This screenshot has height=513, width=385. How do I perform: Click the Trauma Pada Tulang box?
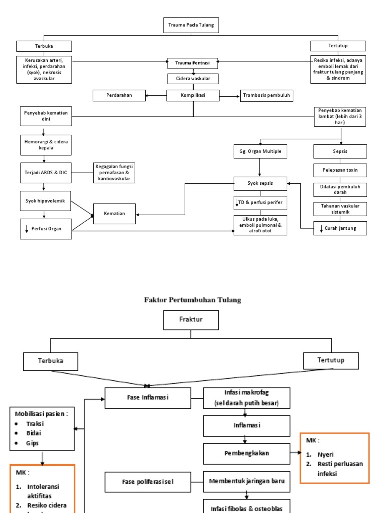(x=191, y=25)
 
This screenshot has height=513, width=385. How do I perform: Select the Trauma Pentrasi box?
(x=192, y=63)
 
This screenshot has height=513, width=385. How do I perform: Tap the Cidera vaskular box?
(x=192, y=79)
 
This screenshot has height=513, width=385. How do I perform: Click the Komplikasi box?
(x=192, y=95)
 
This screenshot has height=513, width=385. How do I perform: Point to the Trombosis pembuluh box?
(x=264, y=95)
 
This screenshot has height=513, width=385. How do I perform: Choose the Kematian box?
(x=114, y=214)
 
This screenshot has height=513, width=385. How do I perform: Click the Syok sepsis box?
(x=260, y=184)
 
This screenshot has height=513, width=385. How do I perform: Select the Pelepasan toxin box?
(x=340, y=170)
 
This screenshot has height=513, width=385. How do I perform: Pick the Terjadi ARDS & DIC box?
(x=46, y=172)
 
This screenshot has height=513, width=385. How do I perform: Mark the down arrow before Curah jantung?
(x=321, y=229)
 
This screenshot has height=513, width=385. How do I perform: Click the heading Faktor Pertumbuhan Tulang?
(x=192, y=300)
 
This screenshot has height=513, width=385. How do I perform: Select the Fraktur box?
(x=191, y=320)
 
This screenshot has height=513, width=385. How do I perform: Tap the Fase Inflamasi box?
(x=148, y=398)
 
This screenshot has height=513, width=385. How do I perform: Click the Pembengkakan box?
(x=246, y=453)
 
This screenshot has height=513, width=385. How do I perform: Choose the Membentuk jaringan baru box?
(x=246, y=481)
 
